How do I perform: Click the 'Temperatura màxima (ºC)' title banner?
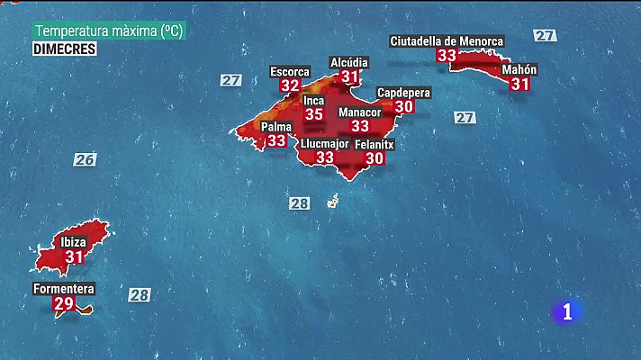coord(109,31)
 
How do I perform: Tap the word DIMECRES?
coord(65,49)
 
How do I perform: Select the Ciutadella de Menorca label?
coord(447,40)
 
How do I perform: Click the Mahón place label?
coord(519,69)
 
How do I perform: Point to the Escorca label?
coord(290,71)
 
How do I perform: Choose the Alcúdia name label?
coord(349,62)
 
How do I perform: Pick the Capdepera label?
coord(403,92)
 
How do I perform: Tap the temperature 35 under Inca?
coord(313,114)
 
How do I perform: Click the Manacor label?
coord(359,112)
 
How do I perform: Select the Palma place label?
coord(276,127)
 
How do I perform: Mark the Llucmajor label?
coord(324,143)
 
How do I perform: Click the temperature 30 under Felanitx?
coord(375,158)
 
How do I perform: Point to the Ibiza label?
coord(73,242)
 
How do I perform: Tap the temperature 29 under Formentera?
coord(64,304)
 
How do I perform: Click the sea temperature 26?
coord(85,159)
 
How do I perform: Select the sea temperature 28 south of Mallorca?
coord(300,203)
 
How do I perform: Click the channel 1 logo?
coord(566,311)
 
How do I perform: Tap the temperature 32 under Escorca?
coord(290,85)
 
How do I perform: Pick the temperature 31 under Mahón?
coord(519,84)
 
